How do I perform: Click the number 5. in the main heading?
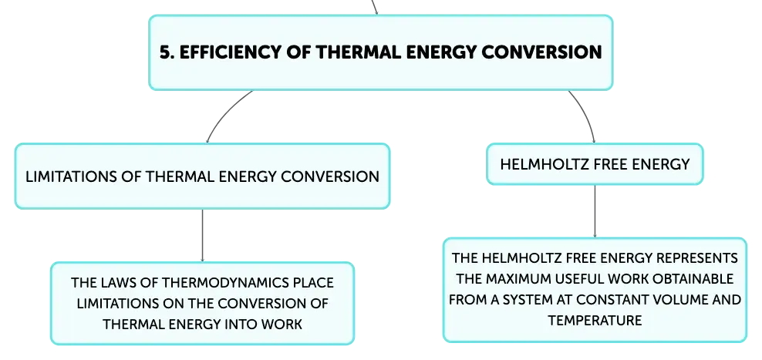click(167, 52)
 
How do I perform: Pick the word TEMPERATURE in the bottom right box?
click(595, 321)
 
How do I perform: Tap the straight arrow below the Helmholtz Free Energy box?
click(595, 211)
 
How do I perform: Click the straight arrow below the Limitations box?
click(203, 236)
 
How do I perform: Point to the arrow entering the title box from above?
click(374, 7)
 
